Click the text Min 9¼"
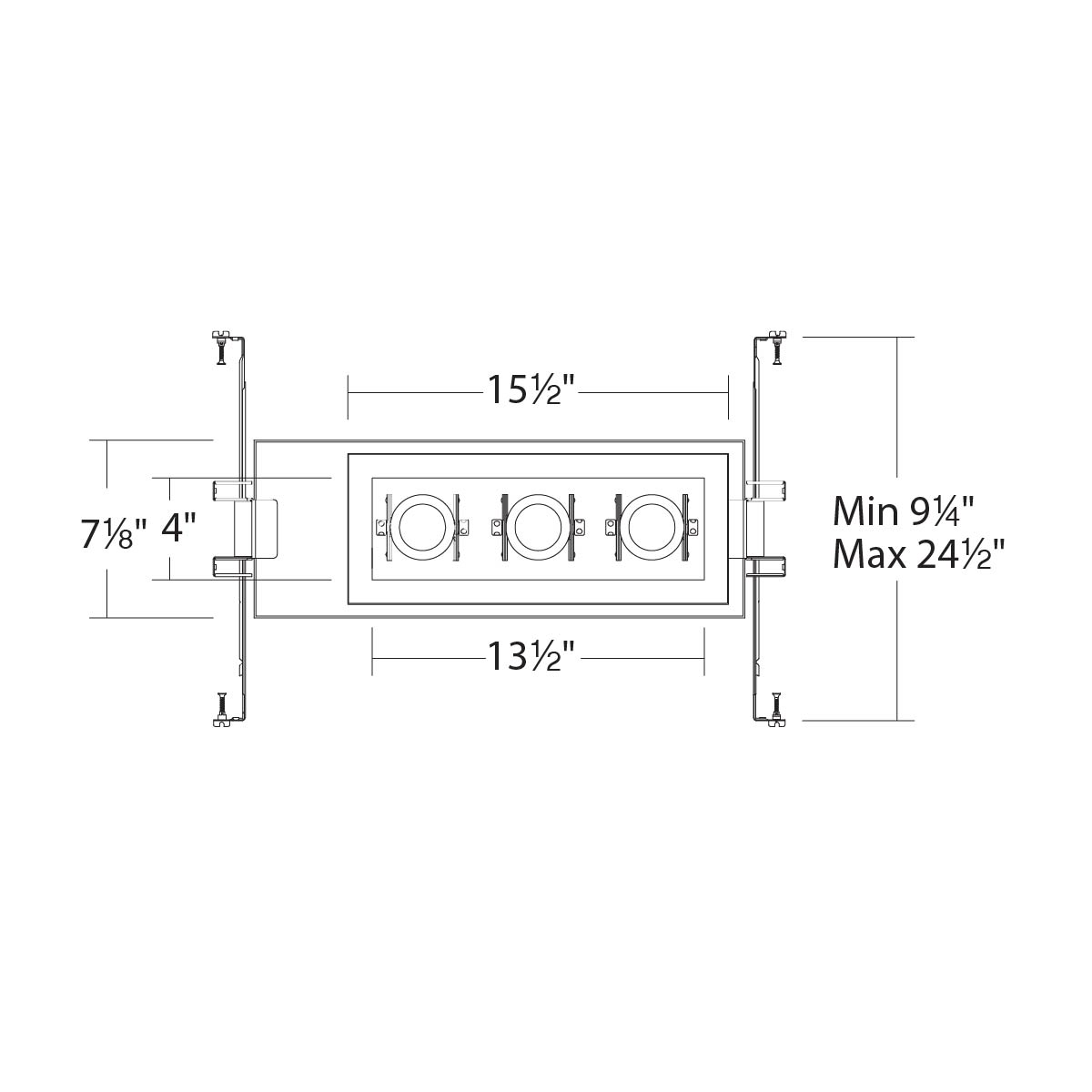pyautogui.click(x=905, y=512)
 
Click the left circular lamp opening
pyautogui.click(x=420, y=527)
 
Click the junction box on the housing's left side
pyautogui.click(x=257, y=528)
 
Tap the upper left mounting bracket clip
pyautogui.click(x=229, y=490)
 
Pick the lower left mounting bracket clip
pyautogui.click(x=229, y=567)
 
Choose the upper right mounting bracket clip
pyautogui.click(x=766, y=490)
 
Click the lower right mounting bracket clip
pyautogui.click(x=766, y=567)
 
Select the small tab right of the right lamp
pyautogui.click(x=693, y=527)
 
